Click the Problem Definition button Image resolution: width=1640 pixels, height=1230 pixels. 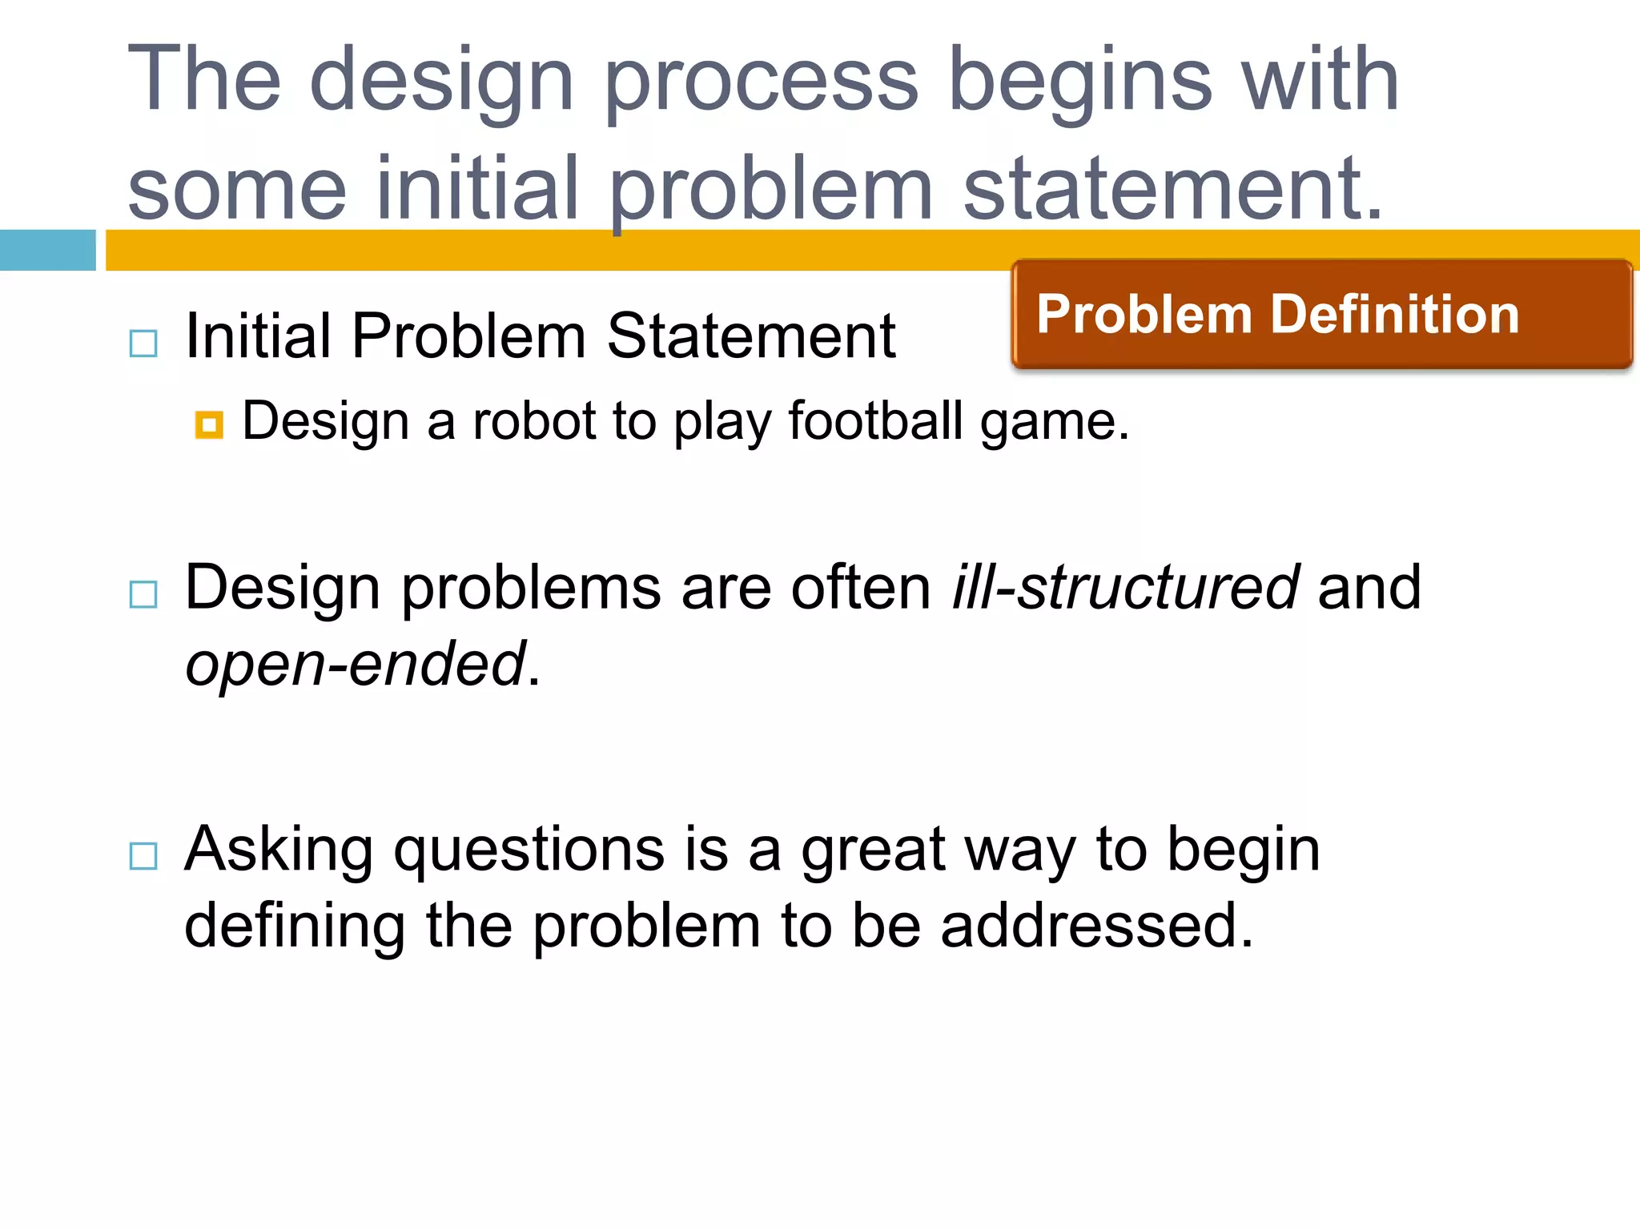point(1321,314)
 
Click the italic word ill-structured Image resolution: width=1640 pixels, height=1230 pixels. point(1125,588)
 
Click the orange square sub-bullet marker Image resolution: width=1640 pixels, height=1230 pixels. point(209,425)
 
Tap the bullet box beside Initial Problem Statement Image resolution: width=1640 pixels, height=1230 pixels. point(143,344)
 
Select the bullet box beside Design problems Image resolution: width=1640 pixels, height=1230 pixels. point(143,595)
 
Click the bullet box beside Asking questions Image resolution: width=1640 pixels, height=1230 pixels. point(143,856)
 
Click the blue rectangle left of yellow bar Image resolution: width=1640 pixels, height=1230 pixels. point(48,250)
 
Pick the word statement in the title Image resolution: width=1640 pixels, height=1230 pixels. point(1173,189)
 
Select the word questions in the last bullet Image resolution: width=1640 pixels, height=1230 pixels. point(529,850)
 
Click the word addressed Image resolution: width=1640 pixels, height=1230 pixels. point(1097,926)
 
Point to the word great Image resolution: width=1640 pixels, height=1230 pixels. point(873,850)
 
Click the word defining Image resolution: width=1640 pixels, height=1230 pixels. point(295,926)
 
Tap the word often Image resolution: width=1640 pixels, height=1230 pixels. point(861,588)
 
